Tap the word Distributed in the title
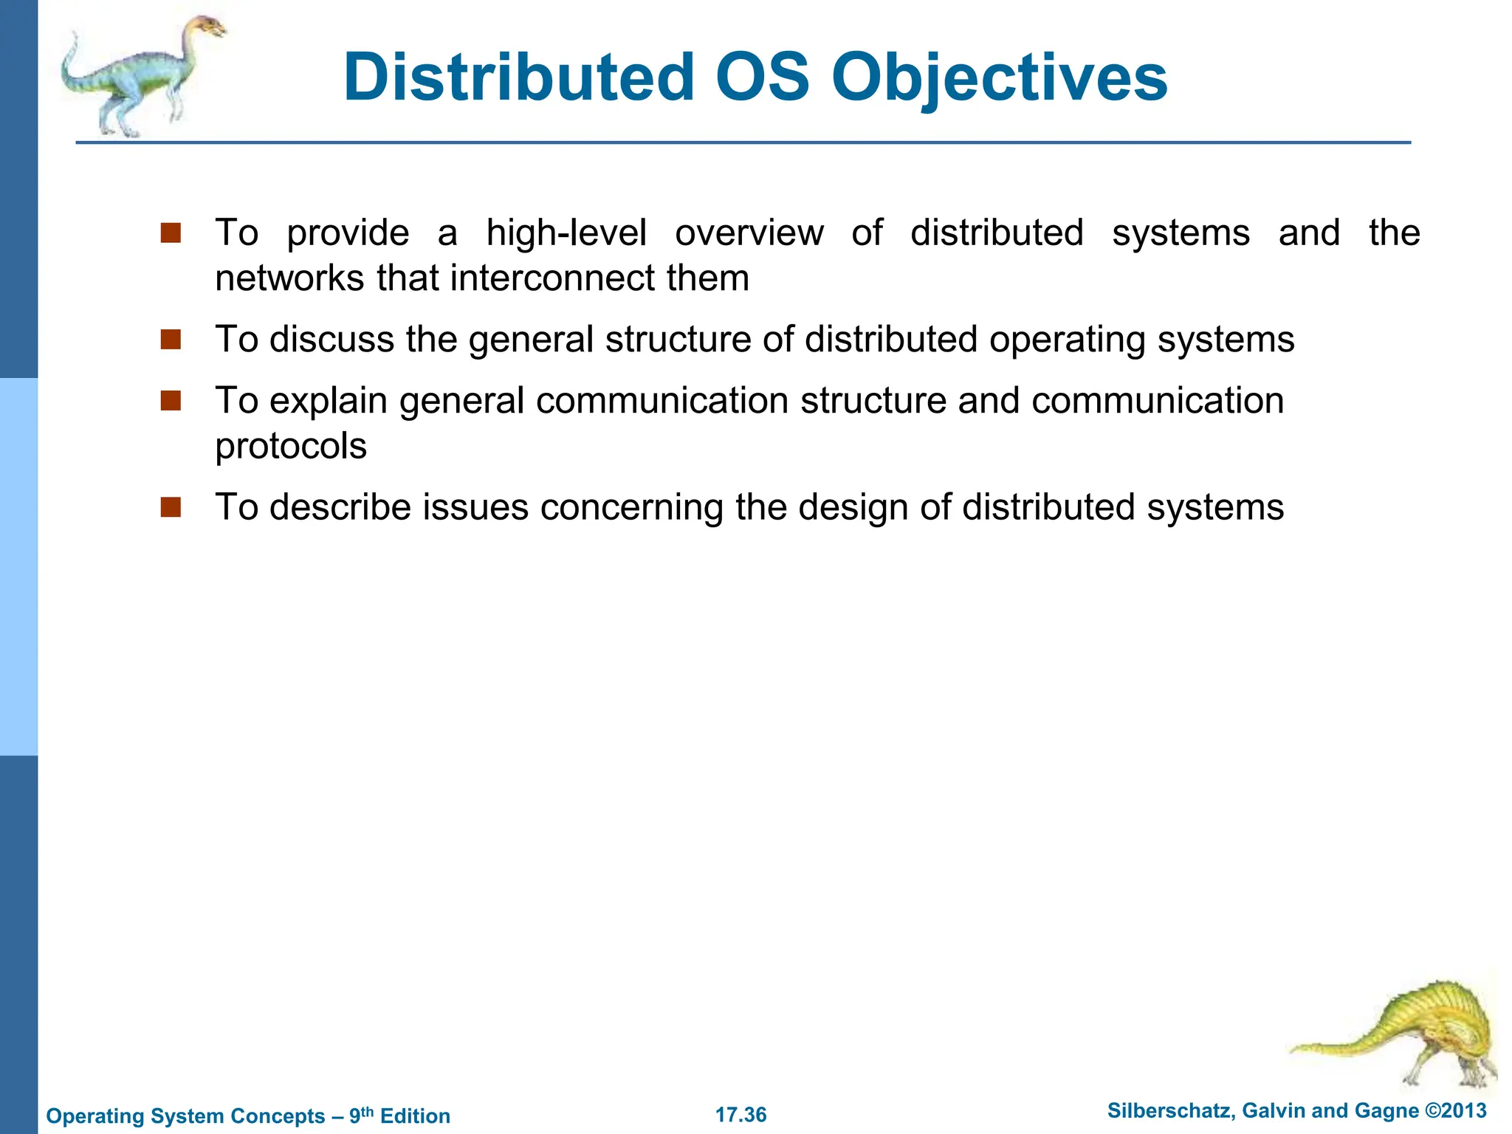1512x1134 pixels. [x=519, y=78]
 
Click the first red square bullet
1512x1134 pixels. [x=171, y=233]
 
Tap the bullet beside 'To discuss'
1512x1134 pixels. [x=171, y=340]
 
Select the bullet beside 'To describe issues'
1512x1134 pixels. [x=171, y=507]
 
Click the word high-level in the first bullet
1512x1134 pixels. [x=566, y=233]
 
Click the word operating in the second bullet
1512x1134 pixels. [x=1068, y=340]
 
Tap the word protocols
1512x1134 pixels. [x=291, y=447]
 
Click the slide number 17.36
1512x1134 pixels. [x=740, y=1115]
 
